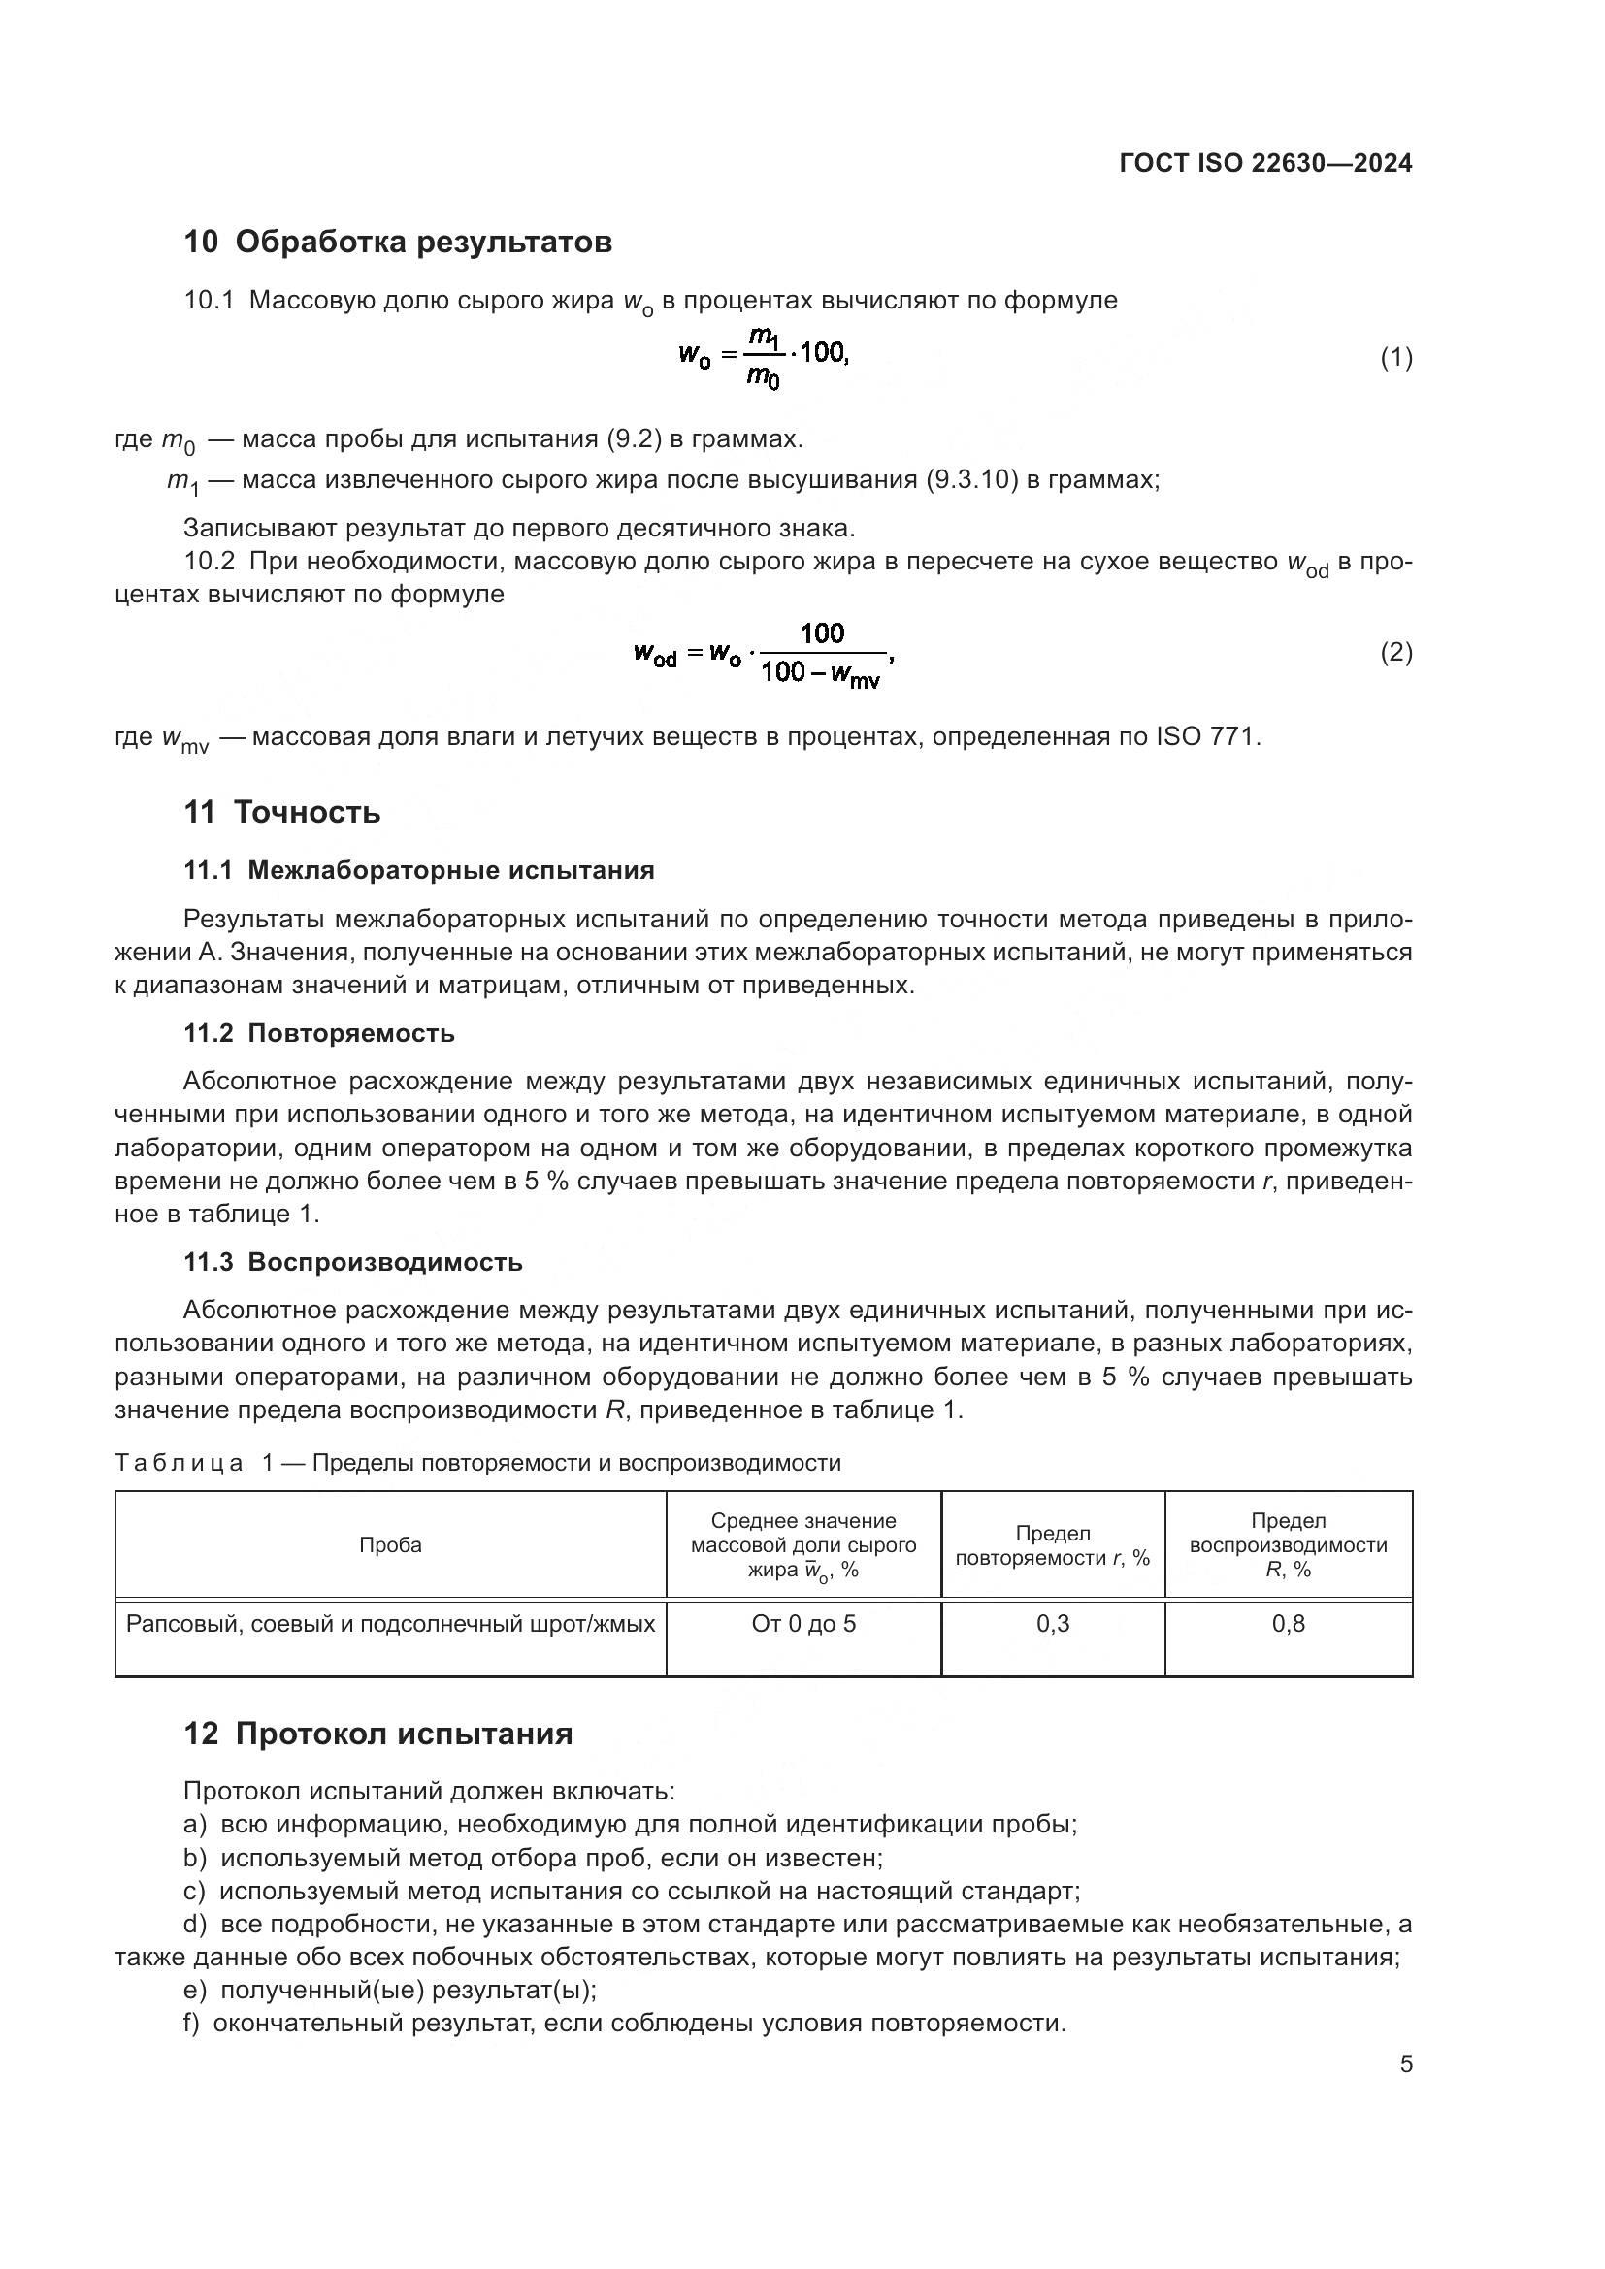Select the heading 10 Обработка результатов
coord(397,242)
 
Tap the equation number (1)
coord(1395,358)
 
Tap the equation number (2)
coord(1395,652)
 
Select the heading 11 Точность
coord(281,812)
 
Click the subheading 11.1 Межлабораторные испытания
coord(419,870)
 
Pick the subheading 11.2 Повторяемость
coord(319,1034)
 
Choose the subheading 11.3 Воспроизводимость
coord(353,1262)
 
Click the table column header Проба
coord(390,1545)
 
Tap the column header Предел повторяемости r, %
coord(1053,1545)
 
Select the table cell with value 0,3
coord(1053,1624)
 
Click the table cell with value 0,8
coord(1288,1624)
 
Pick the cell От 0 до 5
coord(803,1624)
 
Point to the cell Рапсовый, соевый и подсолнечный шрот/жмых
coord(390,1624)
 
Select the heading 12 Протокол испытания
coord(377,1734)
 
